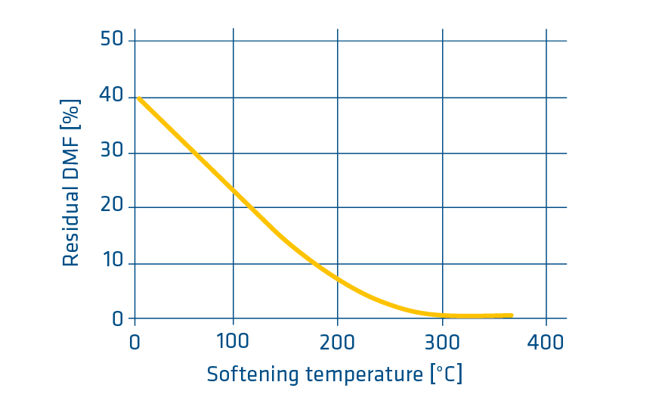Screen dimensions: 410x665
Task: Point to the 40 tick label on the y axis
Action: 111,96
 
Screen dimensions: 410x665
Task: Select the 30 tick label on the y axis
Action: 111,153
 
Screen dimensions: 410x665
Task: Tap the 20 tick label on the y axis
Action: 111,207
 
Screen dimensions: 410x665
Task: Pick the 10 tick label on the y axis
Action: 111,263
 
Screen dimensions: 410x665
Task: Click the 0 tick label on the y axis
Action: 117,318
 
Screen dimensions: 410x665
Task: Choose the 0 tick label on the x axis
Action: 135,342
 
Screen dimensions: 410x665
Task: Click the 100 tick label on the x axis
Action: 232,342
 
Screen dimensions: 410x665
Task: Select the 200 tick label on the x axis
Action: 337,342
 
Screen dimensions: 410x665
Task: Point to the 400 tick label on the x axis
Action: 546,342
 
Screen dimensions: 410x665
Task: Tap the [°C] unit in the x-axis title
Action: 445,374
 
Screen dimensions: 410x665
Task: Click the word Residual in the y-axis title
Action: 71,228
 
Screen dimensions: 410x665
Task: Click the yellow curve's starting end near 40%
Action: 139,98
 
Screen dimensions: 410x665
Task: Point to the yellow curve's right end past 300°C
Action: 511,315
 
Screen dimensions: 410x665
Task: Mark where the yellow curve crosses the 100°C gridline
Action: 234,190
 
